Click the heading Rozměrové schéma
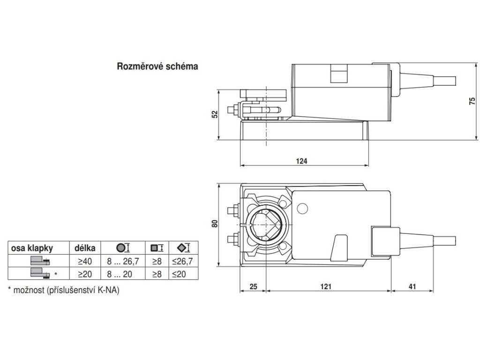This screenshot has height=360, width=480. [x=157, y=66]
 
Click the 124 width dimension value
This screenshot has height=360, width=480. [x=301, y=161]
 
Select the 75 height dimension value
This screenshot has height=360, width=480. [x=472, y=101]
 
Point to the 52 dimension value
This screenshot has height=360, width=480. [x=215, y=114]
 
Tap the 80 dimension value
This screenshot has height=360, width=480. [x=215, y=224]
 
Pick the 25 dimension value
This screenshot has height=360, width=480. [x=254, y=286]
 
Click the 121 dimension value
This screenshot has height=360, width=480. [x=326, y=286]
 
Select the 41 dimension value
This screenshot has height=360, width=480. [x=412, y=286]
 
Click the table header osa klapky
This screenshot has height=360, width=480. [x=32, y=248]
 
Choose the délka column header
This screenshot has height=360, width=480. [x=85, y=247]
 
